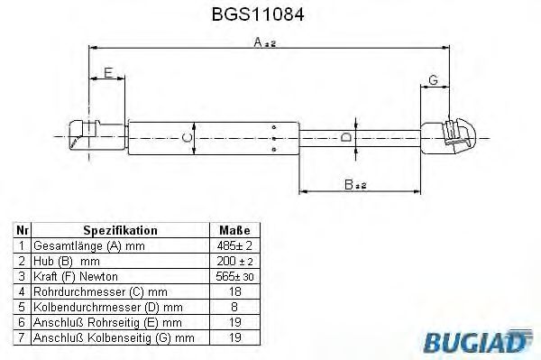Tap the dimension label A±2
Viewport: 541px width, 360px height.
point(265,42)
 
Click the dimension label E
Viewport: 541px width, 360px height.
point(107,73)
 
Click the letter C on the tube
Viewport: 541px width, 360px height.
point(186,137)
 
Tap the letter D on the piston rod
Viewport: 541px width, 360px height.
point(345,137)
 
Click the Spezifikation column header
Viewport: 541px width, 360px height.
point(120,230)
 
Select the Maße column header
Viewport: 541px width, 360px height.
point(234,230)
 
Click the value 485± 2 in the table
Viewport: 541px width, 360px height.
point(234,245)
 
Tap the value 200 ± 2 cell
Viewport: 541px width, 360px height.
point(234,260)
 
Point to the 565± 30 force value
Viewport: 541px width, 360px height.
point(234,275)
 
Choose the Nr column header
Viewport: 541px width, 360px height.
point(23,230)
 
